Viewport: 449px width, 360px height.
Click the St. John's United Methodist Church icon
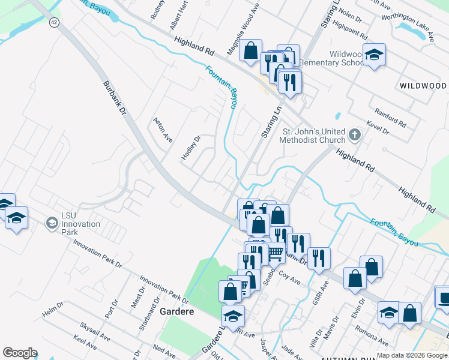pyautogui.click(x=355, y=135)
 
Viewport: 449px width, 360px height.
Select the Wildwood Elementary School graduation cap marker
pyautogui.click(x=374, y=55)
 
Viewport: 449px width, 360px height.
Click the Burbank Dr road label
pyautogui.click(x=115, y=98)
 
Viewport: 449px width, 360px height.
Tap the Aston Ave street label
pyautogui.click(x=163, y=130)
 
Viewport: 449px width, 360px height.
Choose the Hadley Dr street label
pyautogui.click(x=190, y=148)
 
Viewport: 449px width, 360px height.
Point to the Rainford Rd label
pyautogui.click(x=390, y=118)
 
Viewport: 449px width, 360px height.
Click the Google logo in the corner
pyautogui.click(x=20, y=353)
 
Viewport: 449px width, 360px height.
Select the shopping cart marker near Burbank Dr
pyautogui.click(x=275, y=253)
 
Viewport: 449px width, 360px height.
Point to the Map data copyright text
pyautogui.click(x=412, y=355)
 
